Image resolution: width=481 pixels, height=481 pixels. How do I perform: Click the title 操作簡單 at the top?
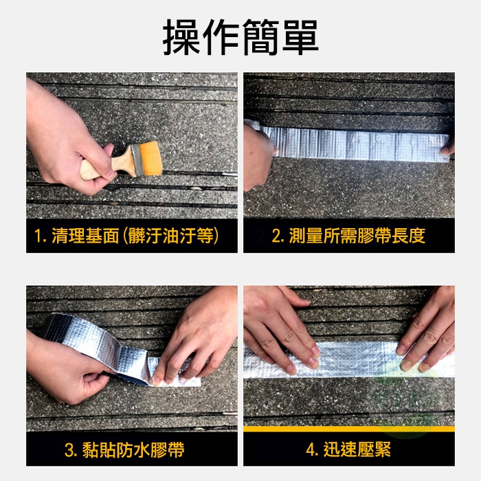point(240,37)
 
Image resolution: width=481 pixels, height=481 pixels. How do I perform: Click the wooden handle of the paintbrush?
point(107,165)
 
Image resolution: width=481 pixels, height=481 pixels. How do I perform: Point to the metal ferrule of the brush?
point(137,161)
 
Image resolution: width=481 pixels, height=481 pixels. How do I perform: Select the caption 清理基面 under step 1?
point(85,236)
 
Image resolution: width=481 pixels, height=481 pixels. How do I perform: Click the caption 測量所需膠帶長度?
point(357,236)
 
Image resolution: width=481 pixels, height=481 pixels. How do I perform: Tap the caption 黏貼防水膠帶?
point(133,449)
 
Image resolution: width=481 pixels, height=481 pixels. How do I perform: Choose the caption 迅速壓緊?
point(357,449)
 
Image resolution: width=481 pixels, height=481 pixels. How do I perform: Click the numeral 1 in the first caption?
point(38,236)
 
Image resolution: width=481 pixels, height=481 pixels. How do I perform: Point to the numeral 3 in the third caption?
point(69,450)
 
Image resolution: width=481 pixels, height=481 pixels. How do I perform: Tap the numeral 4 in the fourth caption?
point(311,450)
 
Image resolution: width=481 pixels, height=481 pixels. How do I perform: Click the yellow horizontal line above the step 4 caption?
point(349,429)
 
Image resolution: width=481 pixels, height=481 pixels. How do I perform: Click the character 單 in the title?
point(300,37)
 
